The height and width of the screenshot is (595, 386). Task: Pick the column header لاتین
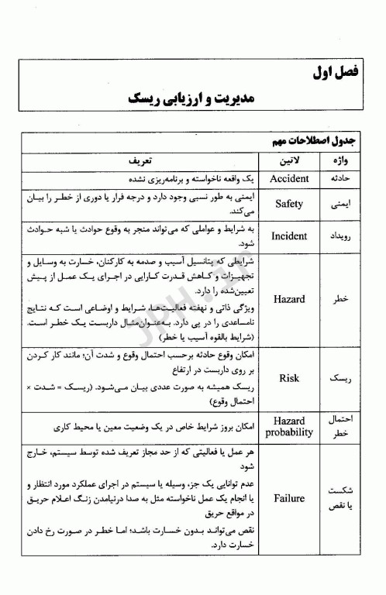coord(289,160)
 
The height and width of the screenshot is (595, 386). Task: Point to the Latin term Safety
coord(289,204)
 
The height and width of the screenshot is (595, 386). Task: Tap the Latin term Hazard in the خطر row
coord(289,298)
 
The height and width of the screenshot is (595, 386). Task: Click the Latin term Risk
coord(289,378)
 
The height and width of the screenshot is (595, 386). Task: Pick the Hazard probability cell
coord(289,427)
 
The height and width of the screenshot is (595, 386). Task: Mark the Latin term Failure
coord(289,498)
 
